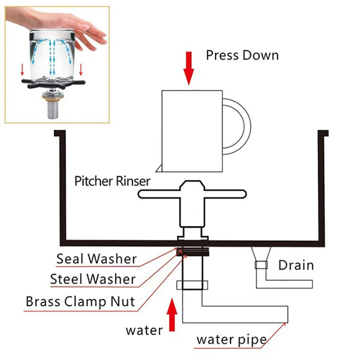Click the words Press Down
[242, 55]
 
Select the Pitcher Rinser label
[112, 182]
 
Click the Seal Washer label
[96, 259]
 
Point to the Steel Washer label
[93, 279]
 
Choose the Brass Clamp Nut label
[81, 301]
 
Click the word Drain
[296, 265]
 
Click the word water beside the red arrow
[144, 331]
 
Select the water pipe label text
[231, 339]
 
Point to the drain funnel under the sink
[261, 254]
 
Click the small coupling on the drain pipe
[261, 265]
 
